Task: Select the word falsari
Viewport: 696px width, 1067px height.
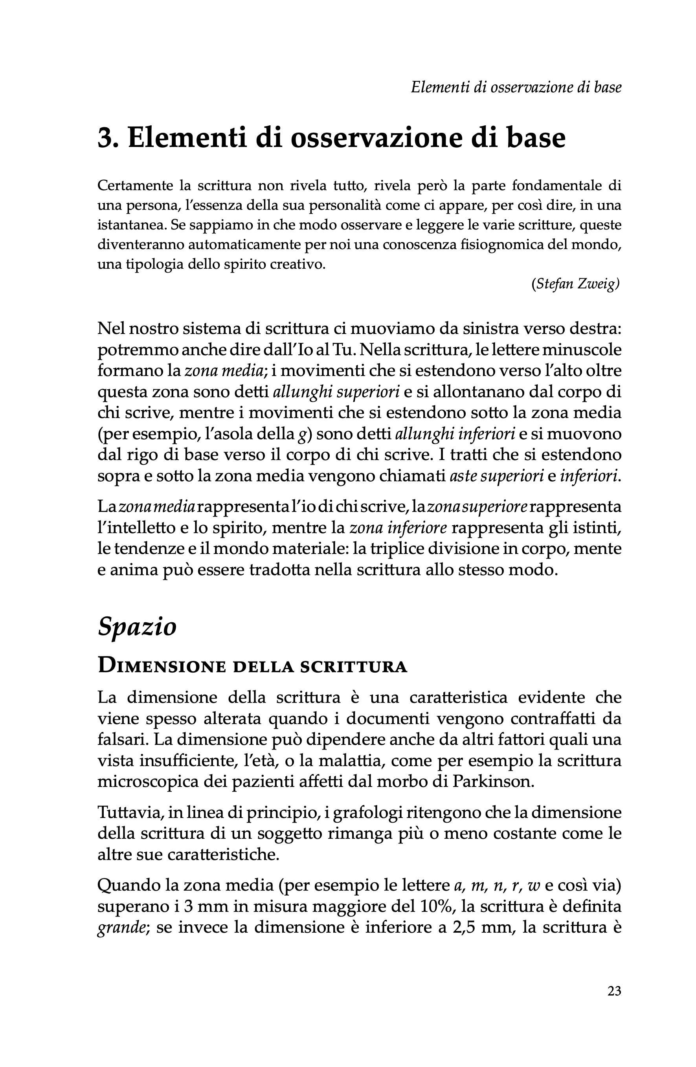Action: click(123, 739)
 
